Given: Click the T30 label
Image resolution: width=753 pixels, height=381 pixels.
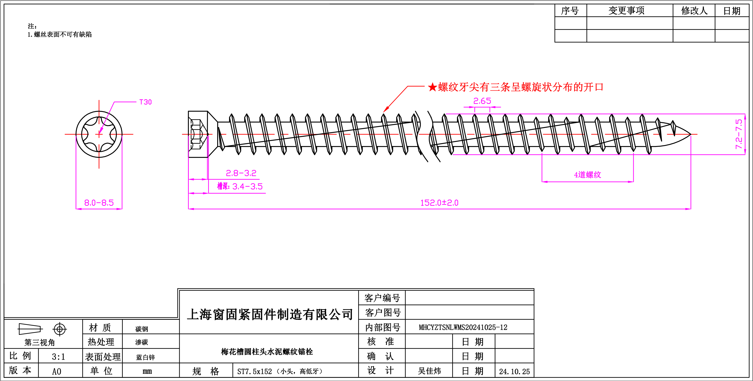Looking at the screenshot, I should pos(146,102).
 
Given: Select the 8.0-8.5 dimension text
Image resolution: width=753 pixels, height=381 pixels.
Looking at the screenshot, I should pos(99,203).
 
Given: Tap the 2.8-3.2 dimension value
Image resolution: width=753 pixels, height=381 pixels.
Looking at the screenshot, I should pos(241,173).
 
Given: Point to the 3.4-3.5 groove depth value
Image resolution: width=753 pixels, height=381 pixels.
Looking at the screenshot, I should pos(247,187).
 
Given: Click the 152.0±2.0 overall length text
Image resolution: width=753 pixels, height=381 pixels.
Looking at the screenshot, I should pos(439,203).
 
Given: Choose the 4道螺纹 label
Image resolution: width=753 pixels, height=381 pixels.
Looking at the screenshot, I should pos(588,175).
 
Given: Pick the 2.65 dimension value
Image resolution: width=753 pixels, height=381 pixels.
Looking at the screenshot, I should pos(482,101).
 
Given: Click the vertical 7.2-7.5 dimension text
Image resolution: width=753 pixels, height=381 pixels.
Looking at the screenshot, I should pos(739,134).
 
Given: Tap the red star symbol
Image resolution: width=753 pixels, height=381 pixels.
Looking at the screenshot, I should pos(432,87).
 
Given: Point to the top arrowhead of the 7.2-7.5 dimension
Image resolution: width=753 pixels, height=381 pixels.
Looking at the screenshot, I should pos(745,117).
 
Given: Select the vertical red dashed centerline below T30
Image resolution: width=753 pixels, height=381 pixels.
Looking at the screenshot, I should pos(99,152).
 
